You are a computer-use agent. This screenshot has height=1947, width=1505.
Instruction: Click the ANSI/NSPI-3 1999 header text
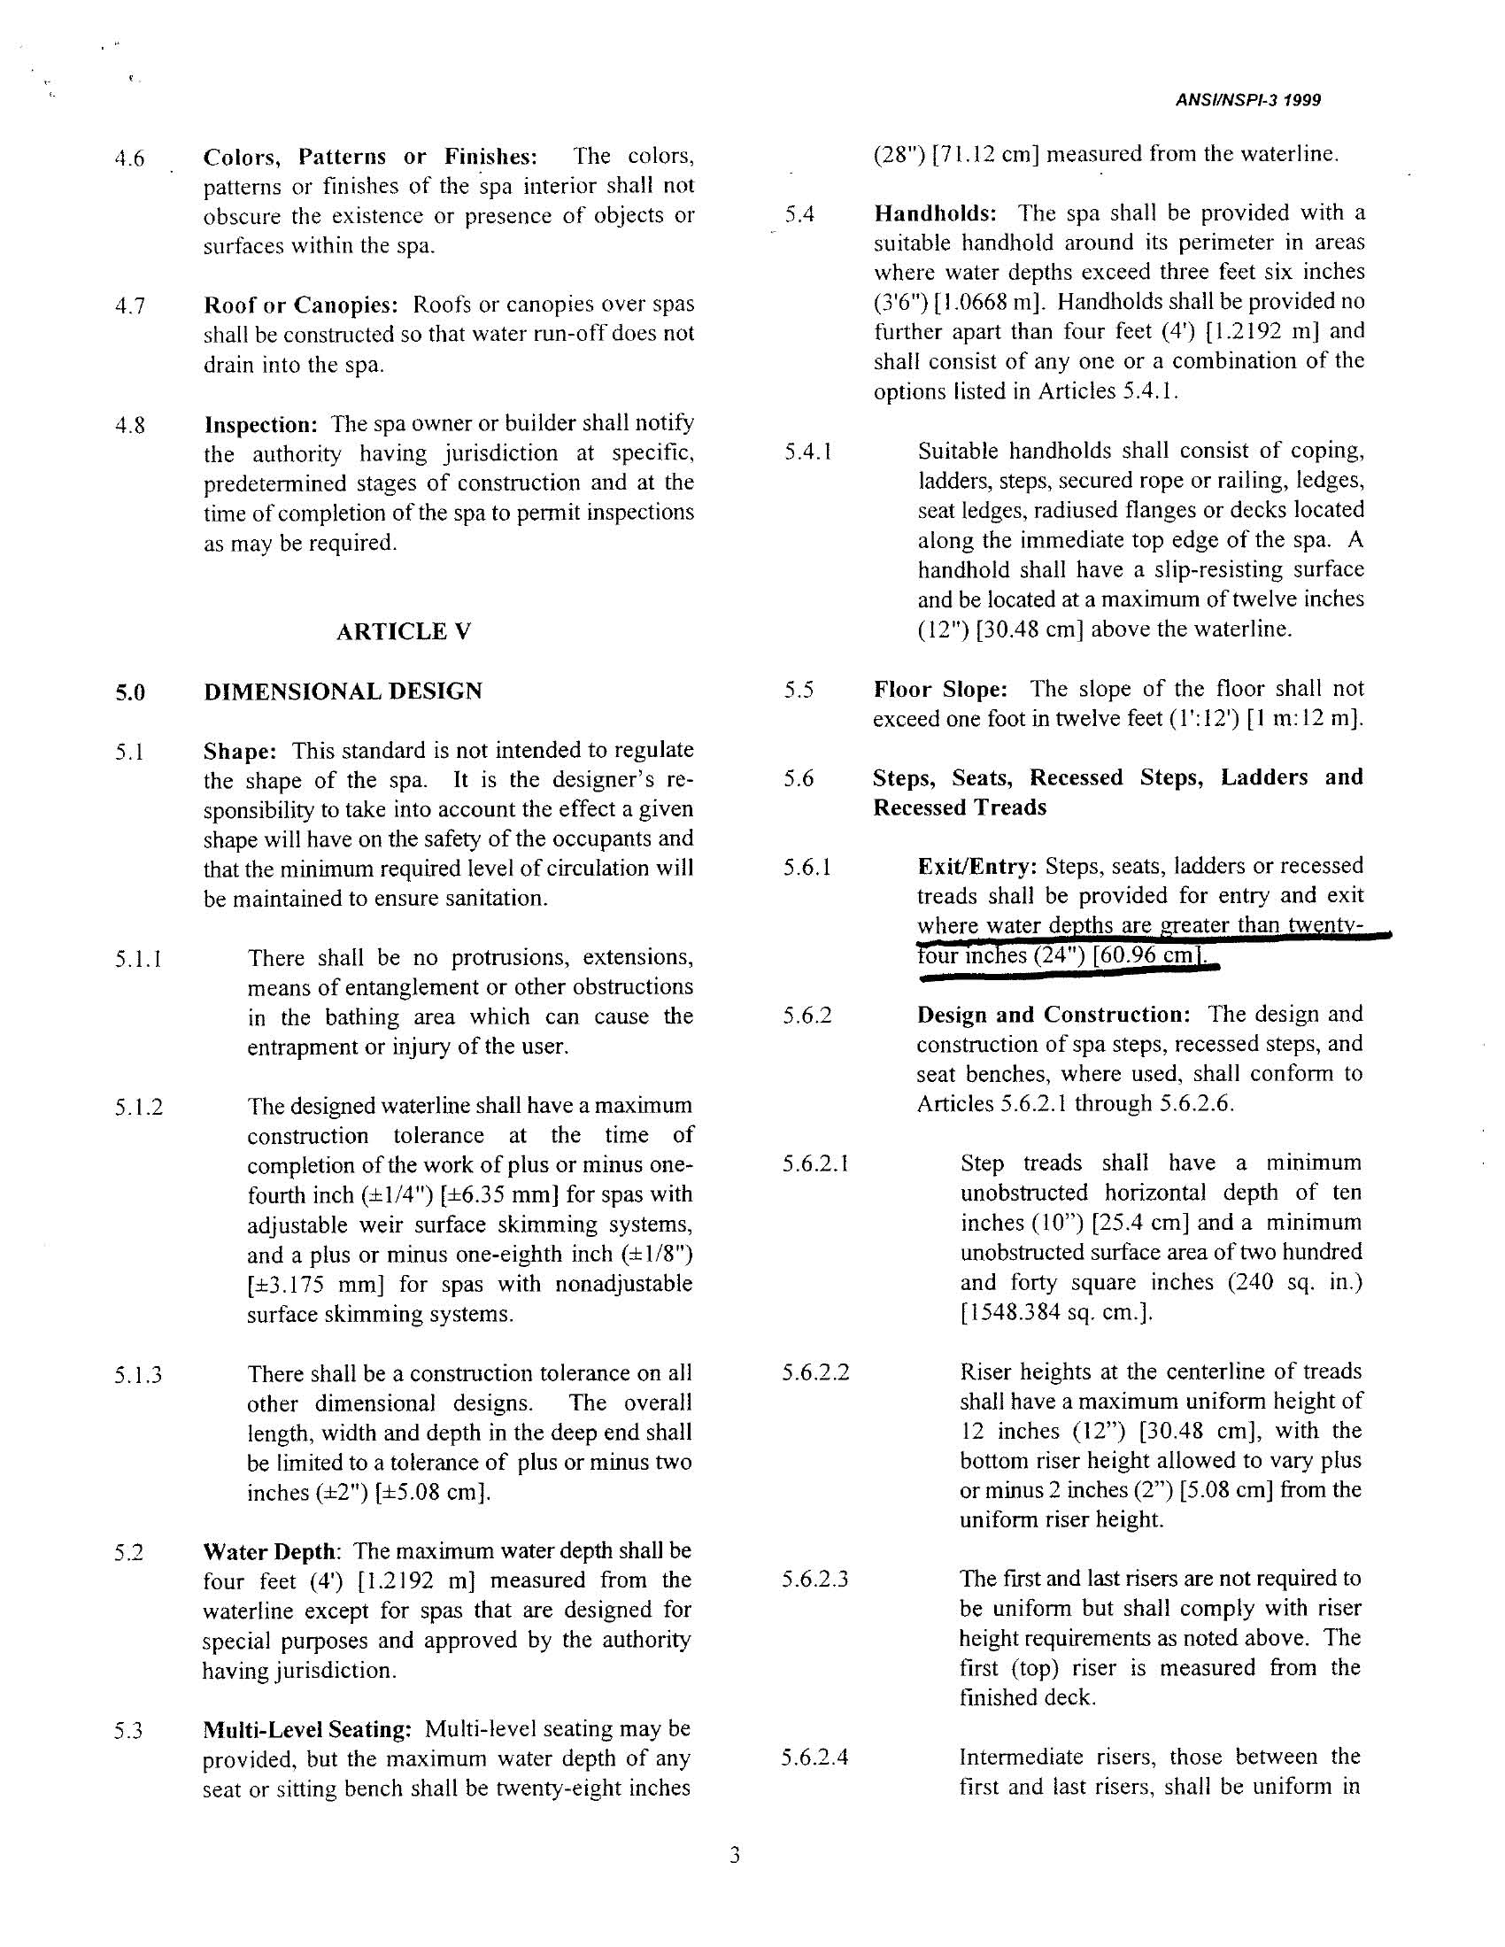[1248, 101]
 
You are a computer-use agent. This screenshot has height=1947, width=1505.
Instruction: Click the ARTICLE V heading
[403, 632]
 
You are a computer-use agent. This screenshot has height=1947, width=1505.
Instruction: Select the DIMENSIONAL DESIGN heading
[343, 691]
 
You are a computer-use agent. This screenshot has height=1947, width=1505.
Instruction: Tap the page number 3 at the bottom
[735, 1856]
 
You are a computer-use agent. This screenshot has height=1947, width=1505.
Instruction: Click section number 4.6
[130, 160]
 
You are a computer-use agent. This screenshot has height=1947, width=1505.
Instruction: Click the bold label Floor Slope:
[940, 690]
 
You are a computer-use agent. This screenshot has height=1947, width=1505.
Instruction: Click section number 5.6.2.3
[814, 1580]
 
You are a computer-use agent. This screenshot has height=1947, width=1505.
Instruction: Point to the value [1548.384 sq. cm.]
[1056, 1313]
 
